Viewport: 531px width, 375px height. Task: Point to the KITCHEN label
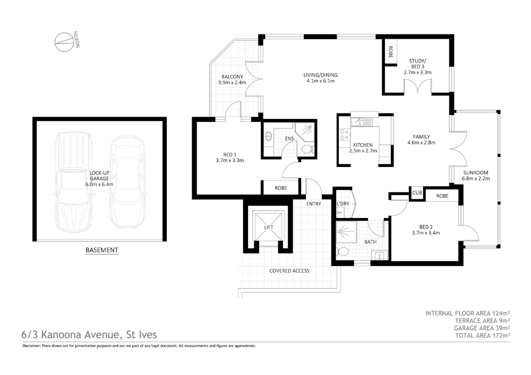[x=363, y=145]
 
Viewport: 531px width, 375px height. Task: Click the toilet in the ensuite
[x=306, y=150]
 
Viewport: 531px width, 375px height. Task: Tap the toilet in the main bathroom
[x=343, y=251]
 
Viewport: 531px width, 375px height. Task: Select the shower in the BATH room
[x=347, y=230]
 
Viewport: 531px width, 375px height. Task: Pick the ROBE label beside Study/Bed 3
[x=390, y=52]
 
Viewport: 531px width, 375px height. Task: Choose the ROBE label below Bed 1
[x=281, y=188]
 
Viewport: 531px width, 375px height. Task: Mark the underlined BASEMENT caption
[x=102, y=250]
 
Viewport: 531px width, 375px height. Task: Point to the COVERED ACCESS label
[x=289, y=271]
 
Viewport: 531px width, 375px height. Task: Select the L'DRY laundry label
[x=342, y=204]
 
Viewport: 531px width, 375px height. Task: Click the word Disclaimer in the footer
[x=33, y=346]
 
